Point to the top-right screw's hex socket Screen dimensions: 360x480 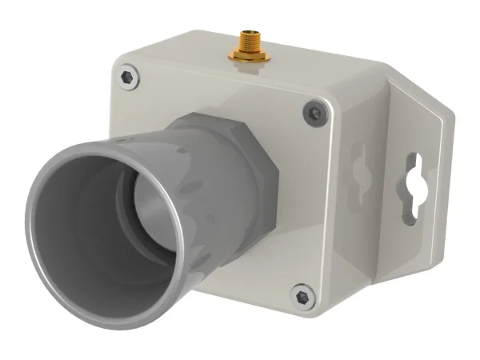[x=314, y=113]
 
